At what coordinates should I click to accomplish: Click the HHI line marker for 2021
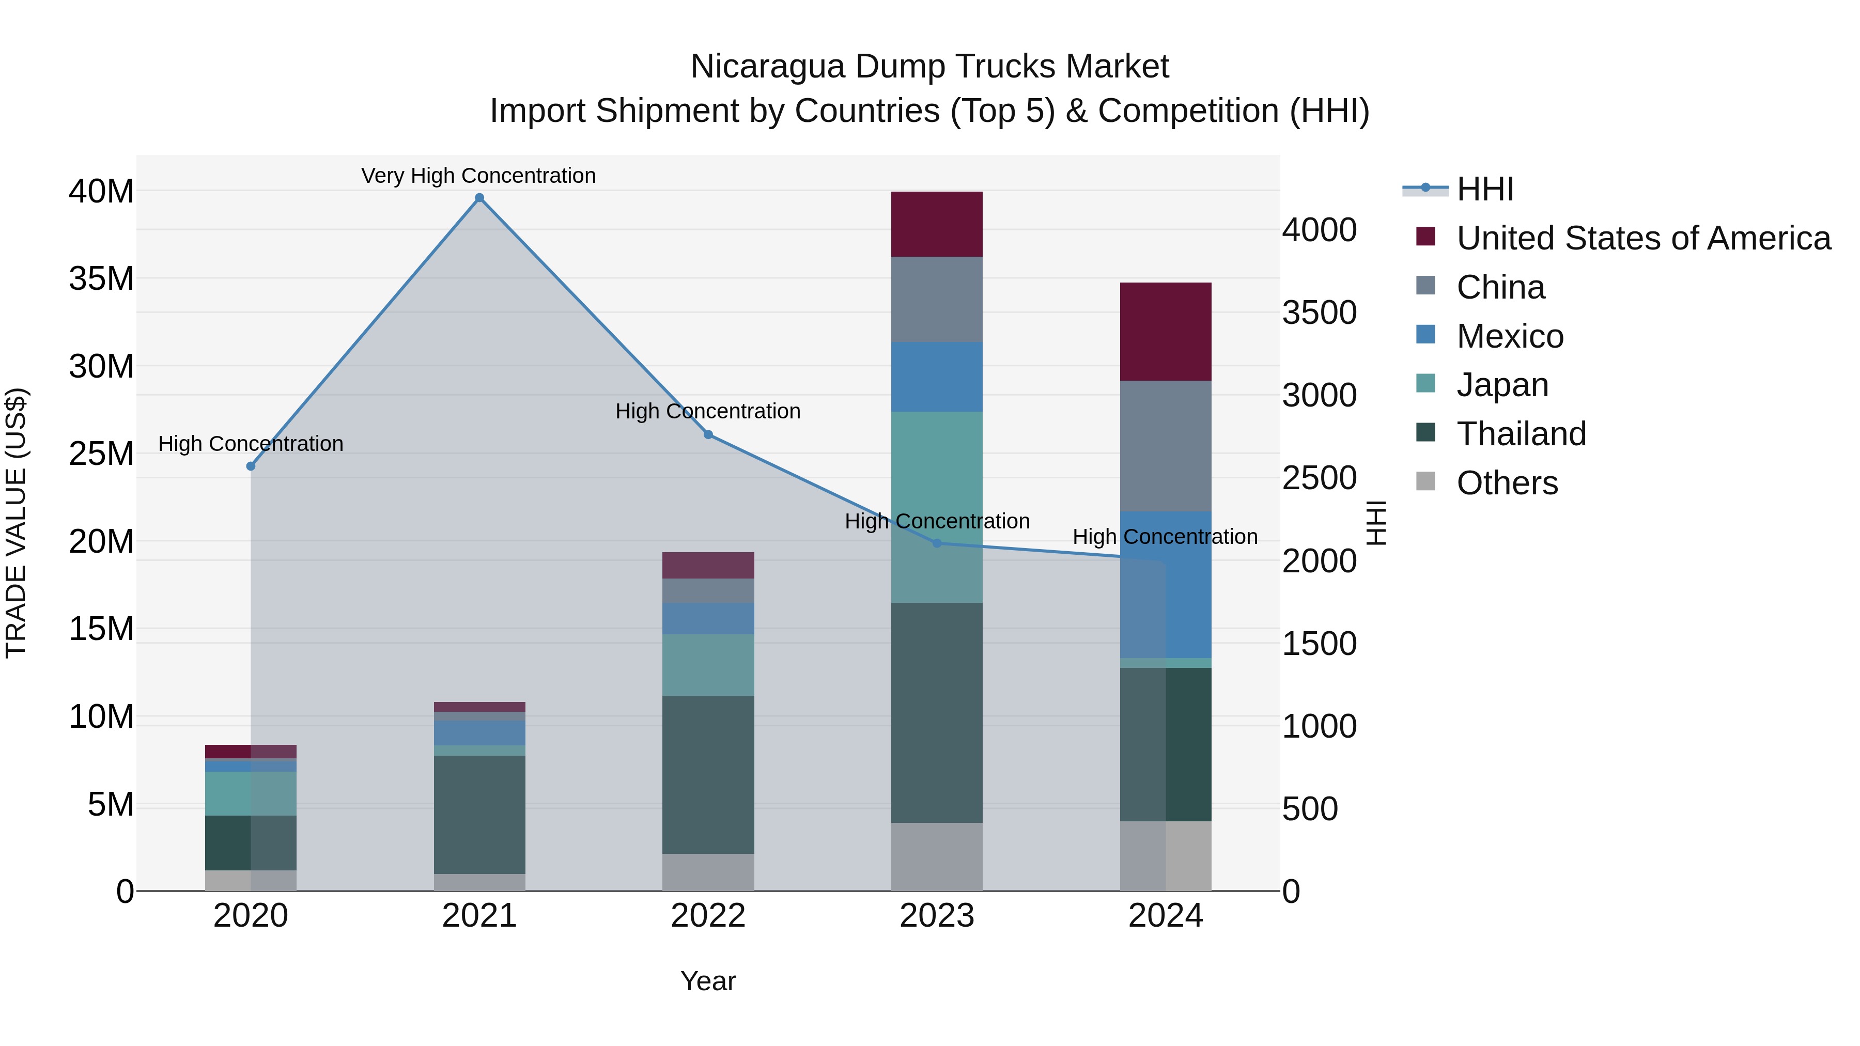[479, 198]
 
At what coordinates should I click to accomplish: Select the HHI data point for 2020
[251, 466]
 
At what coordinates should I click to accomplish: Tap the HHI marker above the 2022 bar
[708, 434]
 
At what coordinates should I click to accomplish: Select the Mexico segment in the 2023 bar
[937, 377]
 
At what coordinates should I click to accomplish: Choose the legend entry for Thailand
[1521, 434]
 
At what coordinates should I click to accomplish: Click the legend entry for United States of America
[1642, 238]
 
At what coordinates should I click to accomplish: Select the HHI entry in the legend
[1484, 189]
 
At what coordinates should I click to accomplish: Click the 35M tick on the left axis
[101, 278]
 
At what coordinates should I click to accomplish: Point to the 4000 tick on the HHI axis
[1319, 230]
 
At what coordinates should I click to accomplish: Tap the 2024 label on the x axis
[1166, 916]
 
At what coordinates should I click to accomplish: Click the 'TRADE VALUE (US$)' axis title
[16, 523]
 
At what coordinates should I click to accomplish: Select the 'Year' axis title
[708, 981]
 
